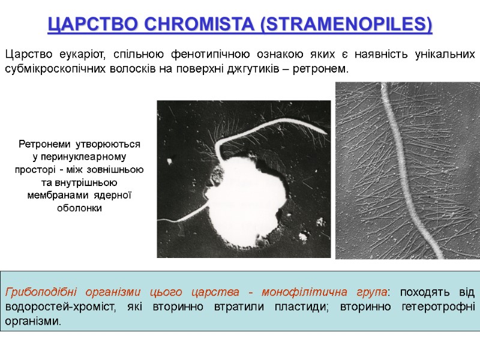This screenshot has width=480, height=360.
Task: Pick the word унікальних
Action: pyautogui.click(x=446, y=55)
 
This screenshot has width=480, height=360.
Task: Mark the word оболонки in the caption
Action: pyautogui.click(x=79, y=208)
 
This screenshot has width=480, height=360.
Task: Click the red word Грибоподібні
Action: pyautogui.click(x=39, y=293)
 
